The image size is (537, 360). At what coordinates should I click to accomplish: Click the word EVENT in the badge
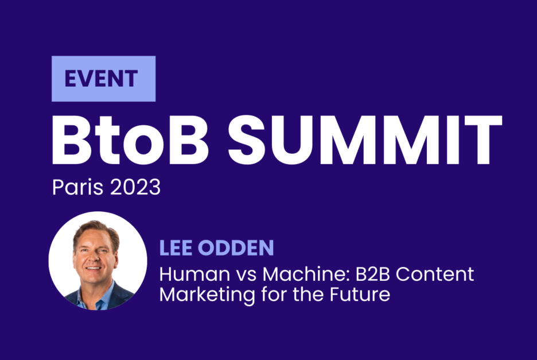[101, 79]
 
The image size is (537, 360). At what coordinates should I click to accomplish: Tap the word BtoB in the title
[130, 140]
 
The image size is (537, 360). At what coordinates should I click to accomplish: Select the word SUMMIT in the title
[365, 140]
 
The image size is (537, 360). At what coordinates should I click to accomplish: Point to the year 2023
[135, 187]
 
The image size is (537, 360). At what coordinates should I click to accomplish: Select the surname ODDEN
[236, 248]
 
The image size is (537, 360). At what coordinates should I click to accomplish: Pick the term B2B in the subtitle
[373, 274]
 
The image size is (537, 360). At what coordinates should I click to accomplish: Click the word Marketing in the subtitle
[207, 295]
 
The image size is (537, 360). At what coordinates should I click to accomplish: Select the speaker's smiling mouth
[93, 269]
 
